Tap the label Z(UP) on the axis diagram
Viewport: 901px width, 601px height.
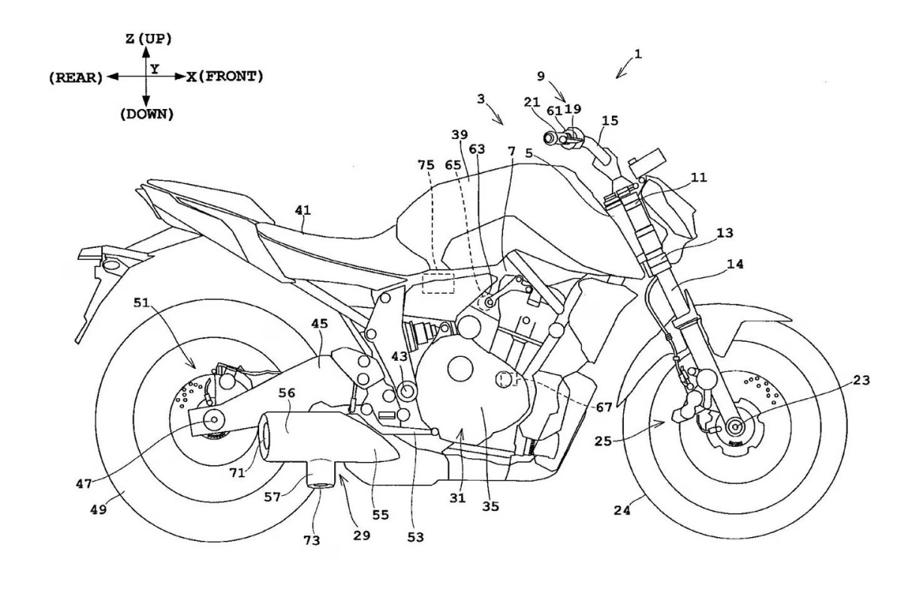click(x=146, y=38)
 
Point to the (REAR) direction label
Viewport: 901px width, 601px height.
click(x=73, y=77)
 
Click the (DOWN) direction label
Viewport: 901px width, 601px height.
click(x=146, y=114)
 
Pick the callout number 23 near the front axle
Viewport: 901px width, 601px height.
click(x=860, y=381)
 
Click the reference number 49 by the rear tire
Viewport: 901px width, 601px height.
click(x=99, y=509)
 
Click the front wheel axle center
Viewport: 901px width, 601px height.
click(x=735, y=426)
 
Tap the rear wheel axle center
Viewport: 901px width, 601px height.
click(x=214, y=419)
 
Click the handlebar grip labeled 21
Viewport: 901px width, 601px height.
click(x=552, y=137)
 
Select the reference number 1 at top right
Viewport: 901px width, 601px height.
click(x=637, y=53)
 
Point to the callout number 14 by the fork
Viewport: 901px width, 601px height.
click(x=714, y=264)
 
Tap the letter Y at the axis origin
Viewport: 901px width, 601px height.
click(x=154, y=68)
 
